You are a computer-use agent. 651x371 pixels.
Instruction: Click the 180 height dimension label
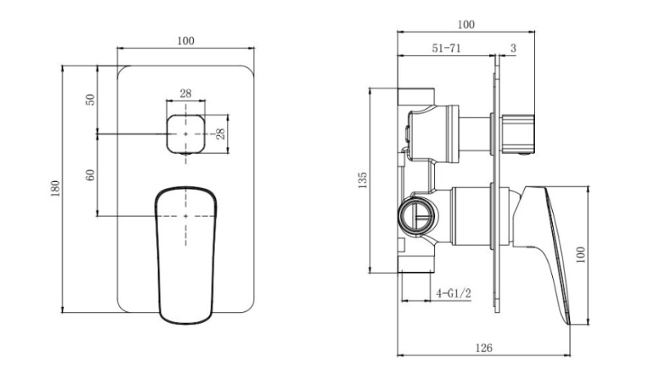pos(56,188)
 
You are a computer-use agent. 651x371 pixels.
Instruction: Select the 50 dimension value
pos(90,100)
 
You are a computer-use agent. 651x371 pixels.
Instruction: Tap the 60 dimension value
pos(90,175)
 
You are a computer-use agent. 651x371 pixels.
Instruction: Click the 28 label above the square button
pos(186,93)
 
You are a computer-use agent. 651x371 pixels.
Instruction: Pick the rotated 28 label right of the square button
pos(221,133)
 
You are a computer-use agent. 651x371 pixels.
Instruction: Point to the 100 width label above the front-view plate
pos(186,41)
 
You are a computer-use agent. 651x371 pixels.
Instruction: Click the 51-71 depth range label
pos(447,48)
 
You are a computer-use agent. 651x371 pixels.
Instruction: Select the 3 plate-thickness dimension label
pos(513,48)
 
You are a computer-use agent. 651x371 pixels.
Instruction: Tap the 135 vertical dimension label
pos(362,180)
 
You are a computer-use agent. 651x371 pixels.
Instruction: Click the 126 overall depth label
pos(483,348)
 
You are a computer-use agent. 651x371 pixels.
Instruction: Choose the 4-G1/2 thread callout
pos(453,294)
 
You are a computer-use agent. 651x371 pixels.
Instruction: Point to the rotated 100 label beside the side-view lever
pos(581,255)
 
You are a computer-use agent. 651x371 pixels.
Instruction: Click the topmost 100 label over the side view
pos(466,25)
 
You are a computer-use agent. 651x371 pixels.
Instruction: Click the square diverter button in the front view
pos(186,134)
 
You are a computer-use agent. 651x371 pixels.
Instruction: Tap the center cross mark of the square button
pos(186,134)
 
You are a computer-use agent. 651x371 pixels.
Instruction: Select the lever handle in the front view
pos(186,255)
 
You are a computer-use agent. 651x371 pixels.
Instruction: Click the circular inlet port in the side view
pos(417,216)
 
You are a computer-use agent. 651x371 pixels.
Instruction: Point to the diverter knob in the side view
pos(518,134)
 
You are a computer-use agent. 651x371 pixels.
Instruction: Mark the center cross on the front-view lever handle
pos(186,216)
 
